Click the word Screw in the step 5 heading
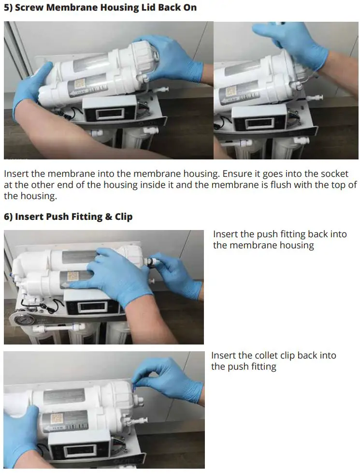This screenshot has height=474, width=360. (x=29, y=8)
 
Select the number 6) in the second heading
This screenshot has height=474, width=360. (x=8, y=216)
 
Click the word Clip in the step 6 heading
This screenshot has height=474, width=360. (x=123, y=216)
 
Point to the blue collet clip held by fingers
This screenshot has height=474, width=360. (x=137, y=385)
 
